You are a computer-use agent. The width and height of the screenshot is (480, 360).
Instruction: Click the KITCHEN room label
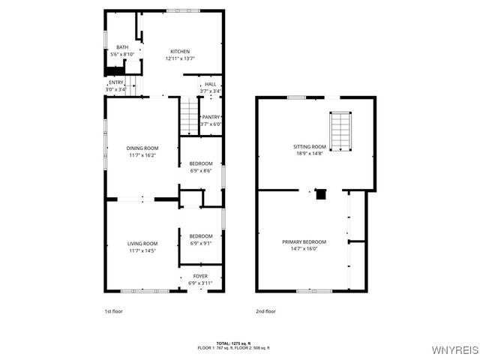coord(180,52)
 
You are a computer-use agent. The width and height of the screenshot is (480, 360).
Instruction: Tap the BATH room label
coord(122,47)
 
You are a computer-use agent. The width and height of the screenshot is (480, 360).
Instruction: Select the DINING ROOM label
coord(142,148)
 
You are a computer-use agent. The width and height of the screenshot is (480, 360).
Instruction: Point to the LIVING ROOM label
coord(142,244)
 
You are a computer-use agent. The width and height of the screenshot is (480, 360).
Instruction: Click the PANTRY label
coord(211,117)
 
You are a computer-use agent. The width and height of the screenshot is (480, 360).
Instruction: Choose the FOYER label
coord(200,276)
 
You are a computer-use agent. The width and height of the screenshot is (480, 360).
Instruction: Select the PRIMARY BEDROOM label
coord(304,241)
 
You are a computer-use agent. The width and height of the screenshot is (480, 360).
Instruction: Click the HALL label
coord(211,85)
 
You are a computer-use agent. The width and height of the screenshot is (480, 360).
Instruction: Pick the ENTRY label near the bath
coord(116,82)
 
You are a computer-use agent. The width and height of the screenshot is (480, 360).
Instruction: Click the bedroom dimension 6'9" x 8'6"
coord(200,171)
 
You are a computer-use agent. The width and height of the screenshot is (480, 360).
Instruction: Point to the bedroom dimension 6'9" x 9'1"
coord(200,243)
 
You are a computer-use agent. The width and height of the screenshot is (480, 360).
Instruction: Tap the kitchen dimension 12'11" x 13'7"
coord(180,58)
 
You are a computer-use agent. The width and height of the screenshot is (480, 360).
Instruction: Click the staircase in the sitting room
coord(341,131)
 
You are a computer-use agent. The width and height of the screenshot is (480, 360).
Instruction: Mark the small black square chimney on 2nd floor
coord(321,195)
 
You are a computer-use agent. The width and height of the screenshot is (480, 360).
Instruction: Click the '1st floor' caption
coord(113,310)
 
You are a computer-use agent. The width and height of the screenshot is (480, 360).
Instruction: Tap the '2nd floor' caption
coord(265,310)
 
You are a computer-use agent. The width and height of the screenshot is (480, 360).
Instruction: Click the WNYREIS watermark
coord(453,349)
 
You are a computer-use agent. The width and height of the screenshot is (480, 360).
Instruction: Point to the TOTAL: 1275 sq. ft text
coord(233,343)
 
